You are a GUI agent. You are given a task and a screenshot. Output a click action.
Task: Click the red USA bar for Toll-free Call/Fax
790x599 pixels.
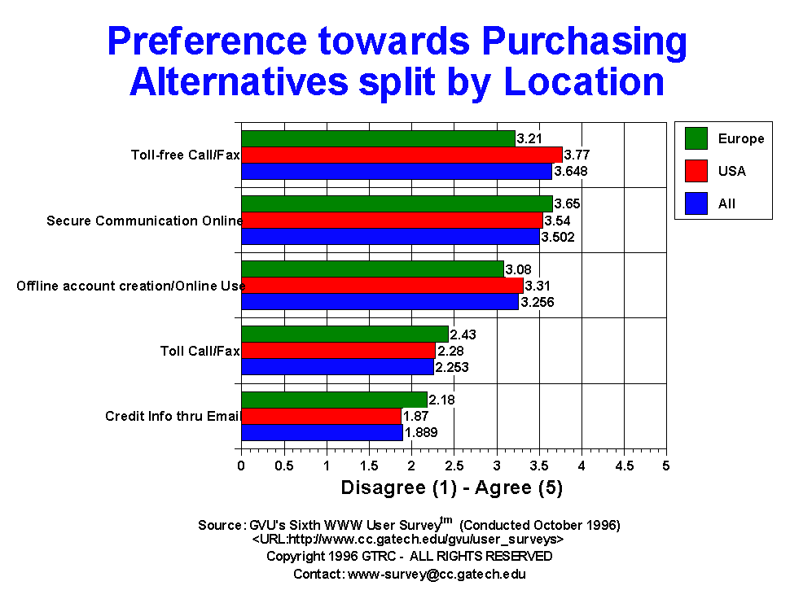pyautogui.click(x=402, y=155)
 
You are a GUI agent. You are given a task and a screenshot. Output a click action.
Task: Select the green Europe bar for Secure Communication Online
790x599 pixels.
pyautogui.click(x=397, y=203)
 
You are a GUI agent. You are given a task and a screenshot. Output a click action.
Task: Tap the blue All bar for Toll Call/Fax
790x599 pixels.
pyautogui.click(x=337, y=367)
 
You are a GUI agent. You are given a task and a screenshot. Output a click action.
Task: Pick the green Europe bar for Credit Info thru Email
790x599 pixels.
pyautogui.click(x=335, y=400)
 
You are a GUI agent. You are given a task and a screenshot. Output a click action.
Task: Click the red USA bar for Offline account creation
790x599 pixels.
pyautogui.click(x=383, y=286)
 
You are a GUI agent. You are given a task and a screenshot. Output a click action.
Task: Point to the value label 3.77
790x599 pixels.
pyautogui.click(x=577, y=155)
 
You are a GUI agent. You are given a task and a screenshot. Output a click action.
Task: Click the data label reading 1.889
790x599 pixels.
pyautogui.click(x=421, y=432)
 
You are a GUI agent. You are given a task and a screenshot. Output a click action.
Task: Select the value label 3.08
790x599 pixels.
pyautogui.click(x=519, y=270)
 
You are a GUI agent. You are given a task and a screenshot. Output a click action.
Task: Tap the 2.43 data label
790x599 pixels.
pyautogui.click(x=463, y=334)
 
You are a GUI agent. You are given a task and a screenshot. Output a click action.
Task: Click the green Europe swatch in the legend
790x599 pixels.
pyautogui.click(x=696, y=138)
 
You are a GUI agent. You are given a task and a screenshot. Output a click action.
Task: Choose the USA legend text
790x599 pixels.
pyautogui.click(x=732, y=171)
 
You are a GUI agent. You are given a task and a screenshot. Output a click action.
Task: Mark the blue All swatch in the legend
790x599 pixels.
pyautogui.click(x=696, y=203)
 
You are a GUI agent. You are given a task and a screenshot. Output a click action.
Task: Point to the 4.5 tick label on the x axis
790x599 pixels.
pyautogui.click(x=624, y=466)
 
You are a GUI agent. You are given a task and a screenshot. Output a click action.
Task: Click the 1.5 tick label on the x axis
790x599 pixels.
pyautogui.click(x=369, y=466)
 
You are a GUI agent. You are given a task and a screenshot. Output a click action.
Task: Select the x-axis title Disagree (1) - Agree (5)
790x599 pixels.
pyautogui.click(x=452, y=488)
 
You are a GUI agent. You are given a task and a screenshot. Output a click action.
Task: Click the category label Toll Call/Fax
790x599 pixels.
pyautogui.click(x=200, y=351)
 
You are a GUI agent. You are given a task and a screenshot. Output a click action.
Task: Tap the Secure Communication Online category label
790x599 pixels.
pyautogui.click(x=145, y=221)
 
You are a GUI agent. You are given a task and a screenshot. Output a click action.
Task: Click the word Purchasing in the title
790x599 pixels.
pyautogui.click(x=585, y=42)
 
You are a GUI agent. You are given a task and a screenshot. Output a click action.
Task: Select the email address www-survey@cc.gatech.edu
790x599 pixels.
pyautogui.click(x=437, y=575)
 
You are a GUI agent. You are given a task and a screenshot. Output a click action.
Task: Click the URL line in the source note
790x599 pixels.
pyautogui.click(x=408, y=540)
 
